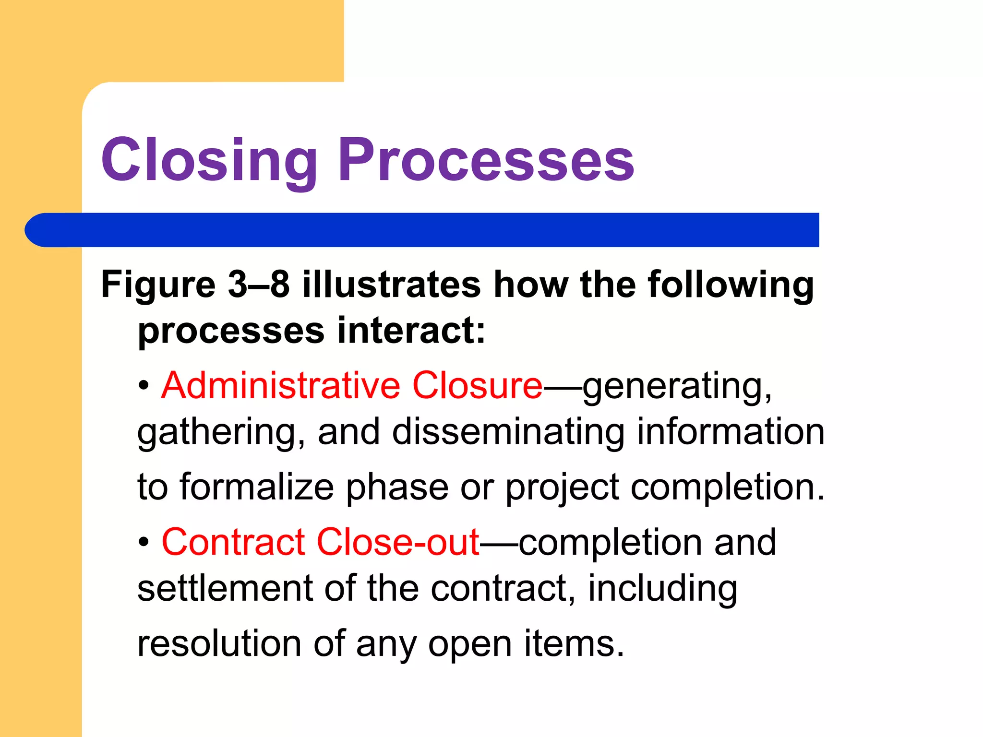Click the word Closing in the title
click(209, 161)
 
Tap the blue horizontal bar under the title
click(422, 230)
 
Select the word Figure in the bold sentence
click(158, 285)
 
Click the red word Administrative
click(281, 385)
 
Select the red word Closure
click(477, 385)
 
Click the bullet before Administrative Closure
click(144, 386)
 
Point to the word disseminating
click(508, 432)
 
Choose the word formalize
click(257, 487)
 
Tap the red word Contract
click(233, 542)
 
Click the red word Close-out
click(398, 542)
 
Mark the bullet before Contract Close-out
click(144, 543)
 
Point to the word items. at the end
click(574, 643)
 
